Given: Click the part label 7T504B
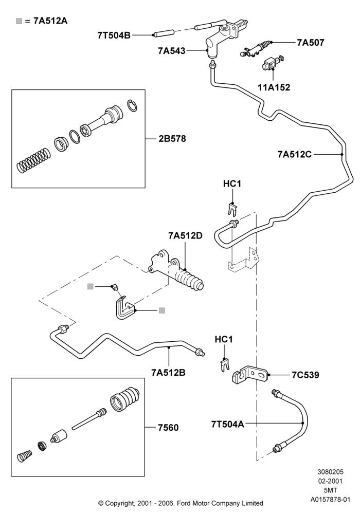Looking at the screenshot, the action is pyautogui.click(x=114, y=35).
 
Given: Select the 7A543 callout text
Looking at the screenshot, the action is pyautogui.click(x=171, y=51).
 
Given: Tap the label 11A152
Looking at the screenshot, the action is pyautogui.click(x=274, y=87).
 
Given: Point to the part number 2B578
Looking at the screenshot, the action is pyautogui.click(x=172, y=139).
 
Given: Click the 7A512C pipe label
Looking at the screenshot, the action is pyautogui.click(x=294, y=154).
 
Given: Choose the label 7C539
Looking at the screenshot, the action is pyautogui.click(x=305, y=375).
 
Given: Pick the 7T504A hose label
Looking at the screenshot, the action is pyautogui.click(x=227, y=424).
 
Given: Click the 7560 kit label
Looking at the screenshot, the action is pyautogui.click(x=168, y=428).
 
